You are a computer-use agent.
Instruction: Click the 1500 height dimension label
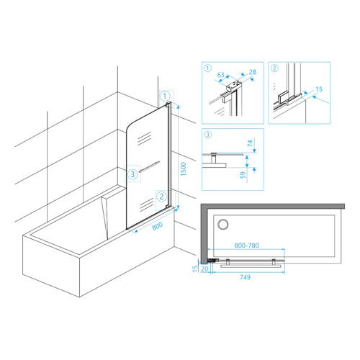click(x=184, y=168)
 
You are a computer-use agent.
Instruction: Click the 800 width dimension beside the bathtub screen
click(x=158, y=226)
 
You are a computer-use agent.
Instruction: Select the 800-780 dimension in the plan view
click(x=246, y=246)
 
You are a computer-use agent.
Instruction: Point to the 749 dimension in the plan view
click(x=245, y=277)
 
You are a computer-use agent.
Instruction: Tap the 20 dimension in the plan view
click(x=204, y=269)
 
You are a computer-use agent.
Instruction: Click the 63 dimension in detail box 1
click(x=220, y=75)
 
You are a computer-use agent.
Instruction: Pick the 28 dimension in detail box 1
click(x=253, y=72)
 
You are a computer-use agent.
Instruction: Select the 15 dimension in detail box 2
click(x=319, y=89)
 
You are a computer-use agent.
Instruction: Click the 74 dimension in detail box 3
click(x=250, y=143)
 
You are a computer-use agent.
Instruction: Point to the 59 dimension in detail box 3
click(x=243, y=175)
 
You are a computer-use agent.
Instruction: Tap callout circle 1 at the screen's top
click(x=165, y=96)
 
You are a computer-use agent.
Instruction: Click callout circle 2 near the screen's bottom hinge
click(x=161, y=197)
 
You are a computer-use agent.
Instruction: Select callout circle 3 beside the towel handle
click(x=132, y=174)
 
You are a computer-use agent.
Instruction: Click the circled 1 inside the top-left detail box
click(x=207, y=68)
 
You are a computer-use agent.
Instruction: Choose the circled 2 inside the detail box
click(x=274, y=68)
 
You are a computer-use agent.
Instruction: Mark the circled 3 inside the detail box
click(x=207, y=135)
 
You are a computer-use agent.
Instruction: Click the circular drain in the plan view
click(x=223, y=225)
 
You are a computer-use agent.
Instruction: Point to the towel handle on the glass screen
click(x=149, y=167)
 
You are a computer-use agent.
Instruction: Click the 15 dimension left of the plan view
click(x=195, y=269)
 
